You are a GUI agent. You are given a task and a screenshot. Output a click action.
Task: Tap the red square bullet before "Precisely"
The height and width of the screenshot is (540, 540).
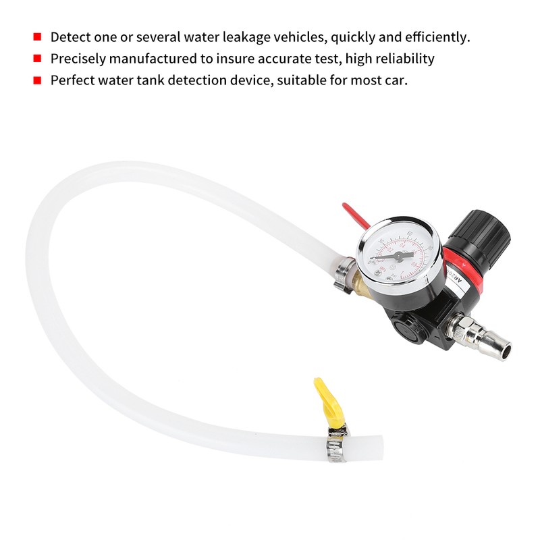pyautogui.click(x=37, y=59)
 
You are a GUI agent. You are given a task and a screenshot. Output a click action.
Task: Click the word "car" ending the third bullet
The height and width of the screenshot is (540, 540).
pyautogui.click(x=396, y=80)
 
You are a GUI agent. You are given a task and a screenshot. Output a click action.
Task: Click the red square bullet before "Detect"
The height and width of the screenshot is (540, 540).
pyautogui.click(x=37, y=37)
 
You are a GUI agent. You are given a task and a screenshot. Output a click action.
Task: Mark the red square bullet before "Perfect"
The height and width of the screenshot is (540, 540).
pyautogui.click(x=37, y=80)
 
